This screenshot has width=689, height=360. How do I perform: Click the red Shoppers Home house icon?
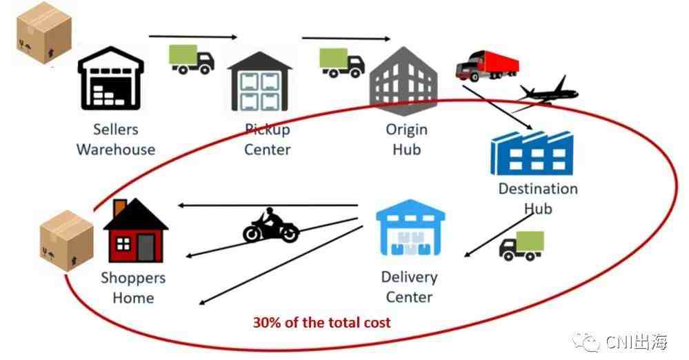coord(134,230)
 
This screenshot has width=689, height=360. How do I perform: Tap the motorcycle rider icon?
coord(270,226)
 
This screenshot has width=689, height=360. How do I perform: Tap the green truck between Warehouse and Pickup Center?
coord(192,59)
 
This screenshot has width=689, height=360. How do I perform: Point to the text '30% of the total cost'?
coord(321,322)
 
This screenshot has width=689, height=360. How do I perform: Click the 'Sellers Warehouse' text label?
coord(116,139)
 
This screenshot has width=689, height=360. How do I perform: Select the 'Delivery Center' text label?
coord(409,287)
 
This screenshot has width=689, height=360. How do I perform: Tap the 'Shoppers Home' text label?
coord(133,288)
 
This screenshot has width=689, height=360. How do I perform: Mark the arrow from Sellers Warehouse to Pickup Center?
coord(192,37)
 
